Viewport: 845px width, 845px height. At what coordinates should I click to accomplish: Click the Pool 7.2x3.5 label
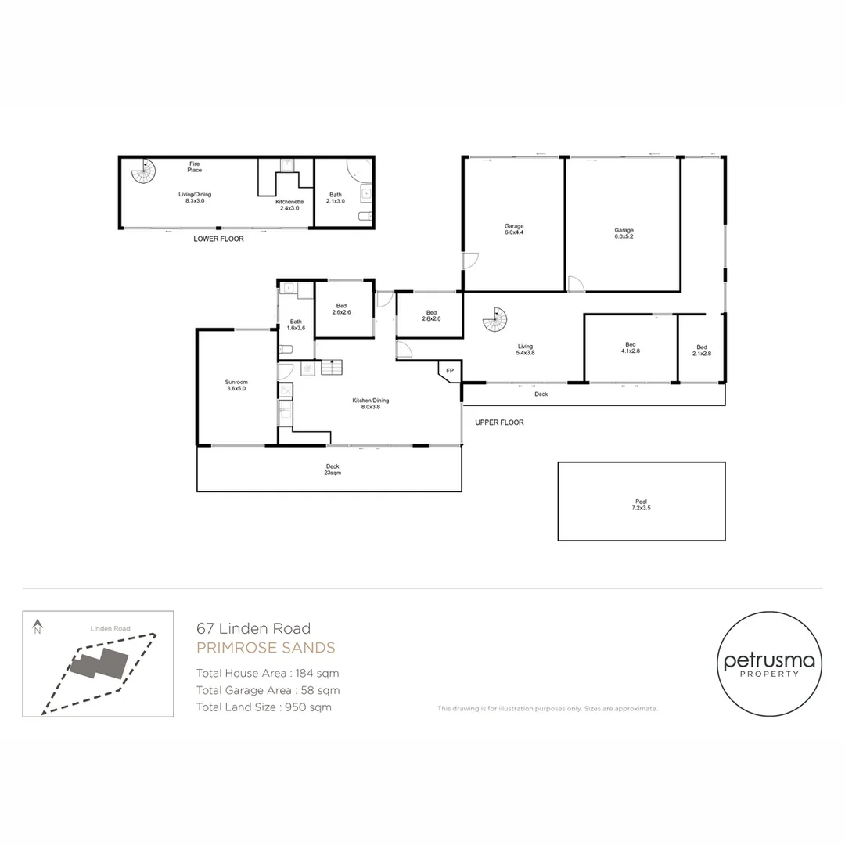641,505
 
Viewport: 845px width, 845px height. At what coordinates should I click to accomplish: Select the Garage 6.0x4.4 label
513,228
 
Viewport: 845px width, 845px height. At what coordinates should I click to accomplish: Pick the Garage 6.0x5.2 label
624,232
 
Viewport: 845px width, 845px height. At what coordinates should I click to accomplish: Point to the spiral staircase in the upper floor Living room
495,319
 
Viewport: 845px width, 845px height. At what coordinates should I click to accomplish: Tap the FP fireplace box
450,371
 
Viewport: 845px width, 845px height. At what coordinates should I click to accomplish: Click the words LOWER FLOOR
218,239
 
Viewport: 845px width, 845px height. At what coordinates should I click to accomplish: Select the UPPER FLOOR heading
499,422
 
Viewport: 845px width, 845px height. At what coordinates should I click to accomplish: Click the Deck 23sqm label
333,469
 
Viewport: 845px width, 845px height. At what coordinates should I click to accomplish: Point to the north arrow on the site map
37,626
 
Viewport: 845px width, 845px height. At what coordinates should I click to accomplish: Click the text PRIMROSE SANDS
265,648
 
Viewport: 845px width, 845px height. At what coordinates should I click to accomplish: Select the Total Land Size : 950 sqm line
264,707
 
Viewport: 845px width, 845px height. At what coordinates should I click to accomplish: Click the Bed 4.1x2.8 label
630,348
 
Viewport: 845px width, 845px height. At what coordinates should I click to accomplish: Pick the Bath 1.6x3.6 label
296,325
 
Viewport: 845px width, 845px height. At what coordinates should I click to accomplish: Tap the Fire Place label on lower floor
194,167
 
